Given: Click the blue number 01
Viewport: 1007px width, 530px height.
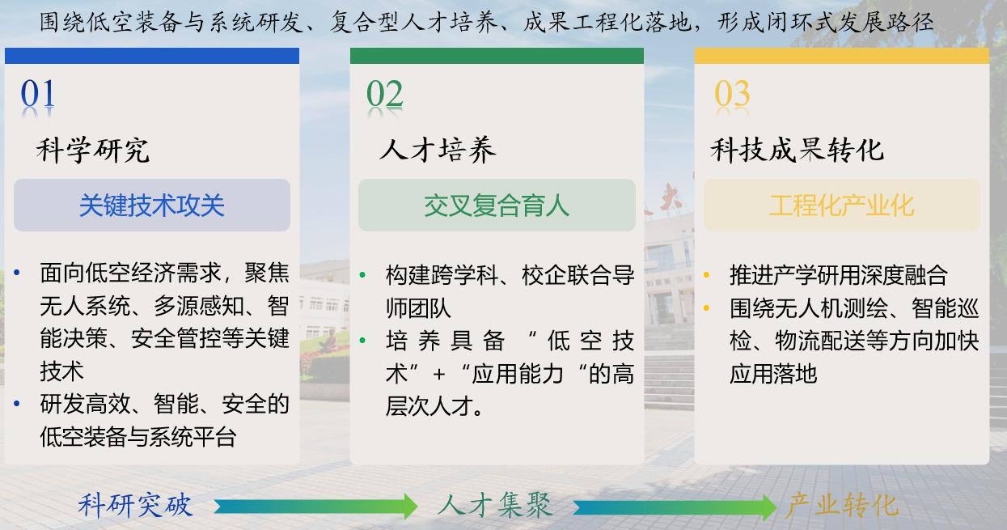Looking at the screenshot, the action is point(38,94).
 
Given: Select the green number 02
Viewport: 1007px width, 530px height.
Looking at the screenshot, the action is point(384,94).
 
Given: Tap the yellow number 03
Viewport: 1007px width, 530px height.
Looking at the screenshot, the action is point(732,94).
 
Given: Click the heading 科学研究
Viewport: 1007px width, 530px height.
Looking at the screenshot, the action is point(92,151).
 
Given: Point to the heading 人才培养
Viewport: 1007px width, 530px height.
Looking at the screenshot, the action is point(438,150).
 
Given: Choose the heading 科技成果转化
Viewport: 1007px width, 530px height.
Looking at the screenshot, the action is point(797,150).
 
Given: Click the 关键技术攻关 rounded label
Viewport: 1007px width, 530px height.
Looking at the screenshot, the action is point(152,206).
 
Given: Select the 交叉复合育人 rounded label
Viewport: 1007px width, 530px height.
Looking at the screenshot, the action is point(497,206).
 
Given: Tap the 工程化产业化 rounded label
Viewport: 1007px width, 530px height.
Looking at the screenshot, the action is point(841,206).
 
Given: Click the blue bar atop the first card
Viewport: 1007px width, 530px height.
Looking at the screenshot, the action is point(152,56).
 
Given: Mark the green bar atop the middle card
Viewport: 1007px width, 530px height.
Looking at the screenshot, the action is point(497,56).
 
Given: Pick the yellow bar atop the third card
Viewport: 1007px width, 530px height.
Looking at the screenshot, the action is point(841,56).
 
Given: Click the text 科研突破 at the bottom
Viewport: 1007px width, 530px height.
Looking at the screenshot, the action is point(135,505).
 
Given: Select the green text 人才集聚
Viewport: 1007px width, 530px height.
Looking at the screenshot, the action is point(495,505).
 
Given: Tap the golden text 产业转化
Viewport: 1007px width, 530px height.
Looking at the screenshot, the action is point(841,505).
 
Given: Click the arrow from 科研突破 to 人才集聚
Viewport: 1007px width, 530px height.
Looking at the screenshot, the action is point(315,507).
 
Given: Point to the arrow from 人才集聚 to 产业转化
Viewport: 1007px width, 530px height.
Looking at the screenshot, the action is point(675,507).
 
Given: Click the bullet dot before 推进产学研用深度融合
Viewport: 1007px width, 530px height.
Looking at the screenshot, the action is point(706,275).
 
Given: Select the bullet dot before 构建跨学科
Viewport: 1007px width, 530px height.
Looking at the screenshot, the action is point(362,274).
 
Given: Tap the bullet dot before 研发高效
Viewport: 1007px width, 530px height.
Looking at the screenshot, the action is point(17,404).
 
